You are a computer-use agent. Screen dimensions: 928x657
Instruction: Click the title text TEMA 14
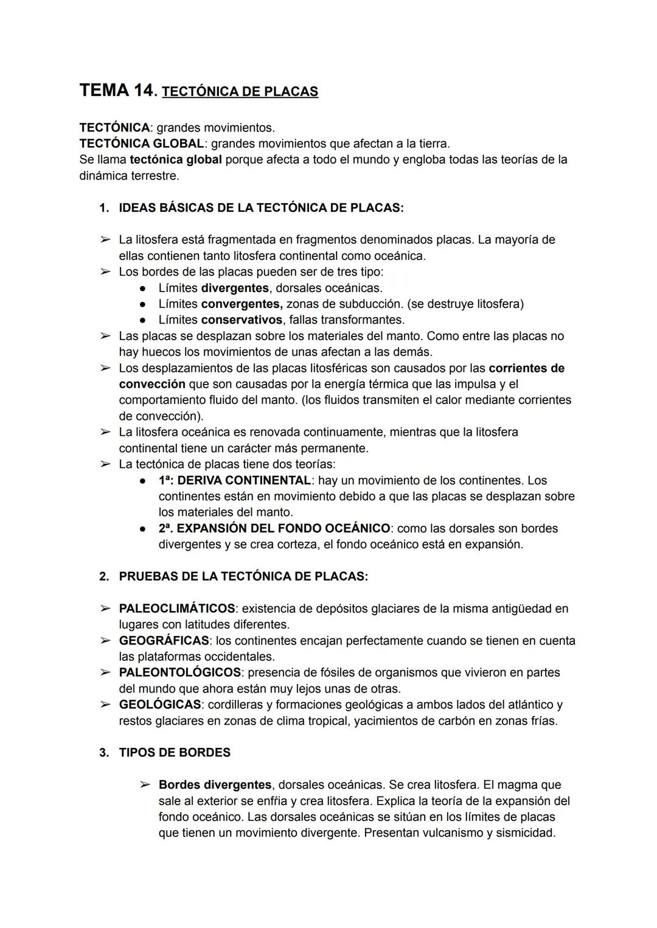coord(117,91)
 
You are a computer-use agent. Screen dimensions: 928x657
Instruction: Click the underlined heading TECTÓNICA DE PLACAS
coord(240,92)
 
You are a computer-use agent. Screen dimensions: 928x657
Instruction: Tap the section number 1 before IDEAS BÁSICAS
coord(103,208)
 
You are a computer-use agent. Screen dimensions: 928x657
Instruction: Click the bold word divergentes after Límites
coord(234,288)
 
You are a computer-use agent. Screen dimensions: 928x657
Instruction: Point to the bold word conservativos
coord(242,320)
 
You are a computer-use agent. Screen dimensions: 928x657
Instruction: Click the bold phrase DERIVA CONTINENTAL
coord(244,481)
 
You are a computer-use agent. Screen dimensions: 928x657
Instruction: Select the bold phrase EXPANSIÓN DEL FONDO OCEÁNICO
coord(283,528)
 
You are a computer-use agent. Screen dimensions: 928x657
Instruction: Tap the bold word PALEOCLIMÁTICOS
coord(176,609)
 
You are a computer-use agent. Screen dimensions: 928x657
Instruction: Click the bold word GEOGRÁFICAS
coord(164,641)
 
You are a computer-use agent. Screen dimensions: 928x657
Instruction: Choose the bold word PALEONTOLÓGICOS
coord(179,672)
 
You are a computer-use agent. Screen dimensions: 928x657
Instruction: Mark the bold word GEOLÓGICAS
coord(159,705)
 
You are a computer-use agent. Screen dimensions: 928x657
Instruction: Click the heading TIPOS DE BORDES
coord(175,753)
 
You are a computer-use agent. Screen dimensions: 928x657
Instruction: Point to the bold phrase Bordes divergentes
coord(215,785)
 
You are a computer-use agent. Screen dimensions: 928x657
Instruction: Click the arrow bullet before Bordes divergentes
coord(145,785)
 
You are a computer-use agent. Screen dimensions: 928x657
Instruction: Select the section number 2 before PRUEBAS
coord(103,576)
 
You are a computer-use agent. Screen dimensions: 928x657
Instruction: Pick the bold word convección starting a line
coord(151,384)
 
